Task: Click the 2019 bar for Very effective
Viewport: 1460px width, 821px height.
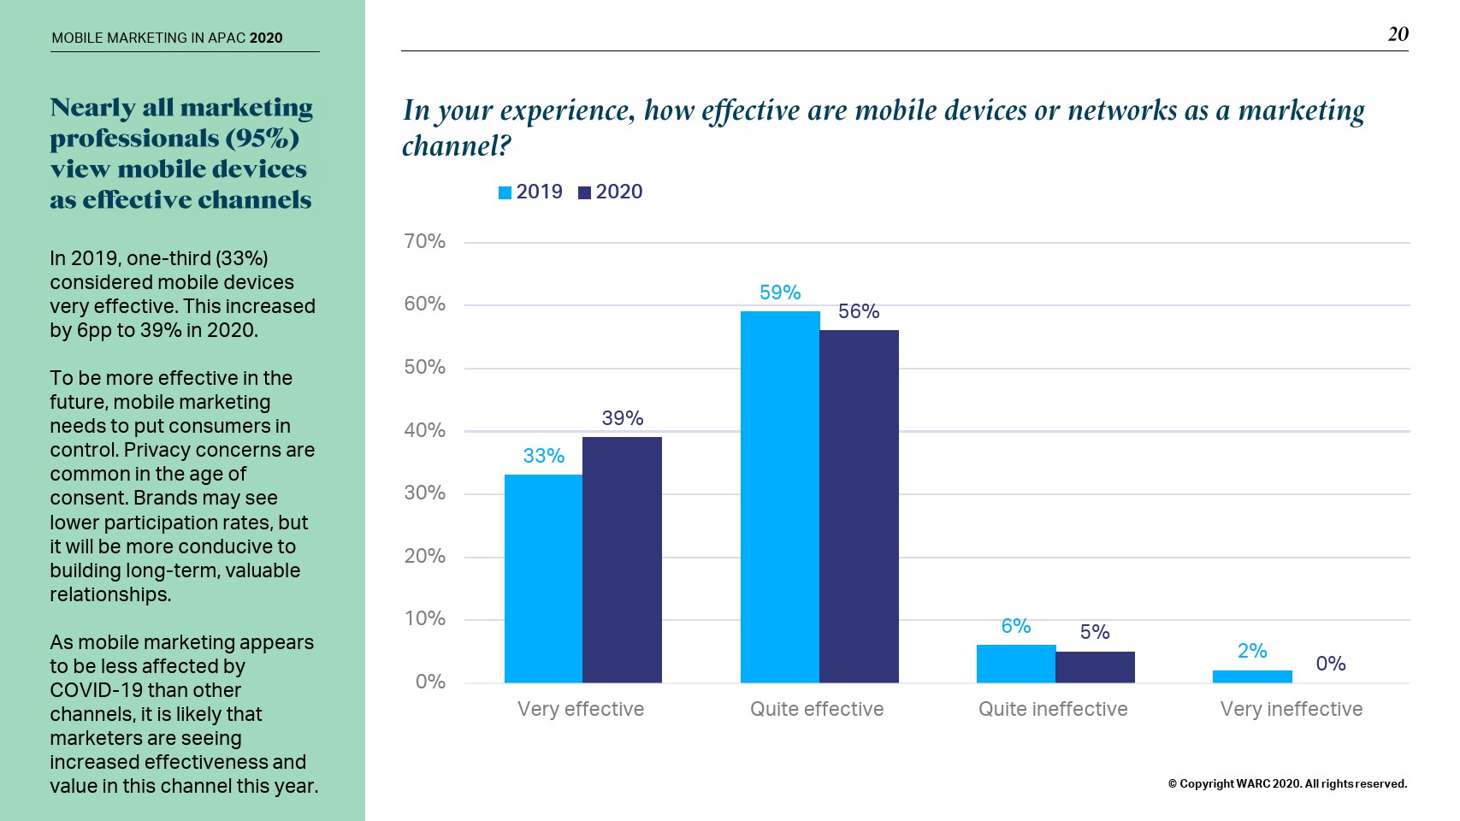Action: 543,578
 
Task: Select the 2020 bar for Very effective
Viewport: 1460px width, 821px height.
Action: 622,559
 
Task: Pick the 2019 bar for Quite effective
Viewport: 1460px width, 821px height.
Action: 780,497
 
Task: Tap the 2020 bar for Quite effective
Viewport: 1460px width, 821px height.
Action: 859,506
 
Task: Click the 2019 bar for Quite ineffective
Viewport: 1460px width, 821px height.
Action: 1016,664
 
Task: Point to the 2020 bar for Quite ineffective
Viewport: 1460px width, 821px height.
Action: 1095,667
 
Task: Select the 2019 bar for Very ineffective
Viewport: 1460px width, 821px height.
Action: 1252,676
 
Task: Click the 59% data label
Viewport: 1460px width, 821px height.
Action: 780,292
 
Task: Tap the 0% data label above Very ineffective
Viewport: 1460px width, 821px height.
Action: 1331,664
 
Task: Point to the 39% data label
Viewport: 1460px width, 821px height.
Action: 622,418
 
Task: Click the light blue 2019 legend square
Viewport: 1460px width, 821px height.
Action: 505,193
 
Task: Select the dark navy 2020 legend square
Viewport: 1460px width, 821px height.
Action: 585,193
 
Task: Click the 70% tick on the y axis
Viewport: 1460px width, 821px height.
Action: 425,242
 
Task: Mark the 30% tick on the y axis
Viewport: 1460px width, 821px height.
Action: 425,493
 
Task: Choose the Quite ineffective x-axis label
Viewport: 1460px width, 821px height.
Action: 1053,709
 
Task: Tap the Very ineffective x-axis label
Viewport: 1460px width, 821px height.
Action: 1291,709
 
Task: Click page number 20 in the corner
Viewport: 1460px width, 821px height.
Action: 1398,34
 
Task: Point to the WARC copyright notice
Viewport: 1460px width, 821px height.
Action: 1287,783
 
